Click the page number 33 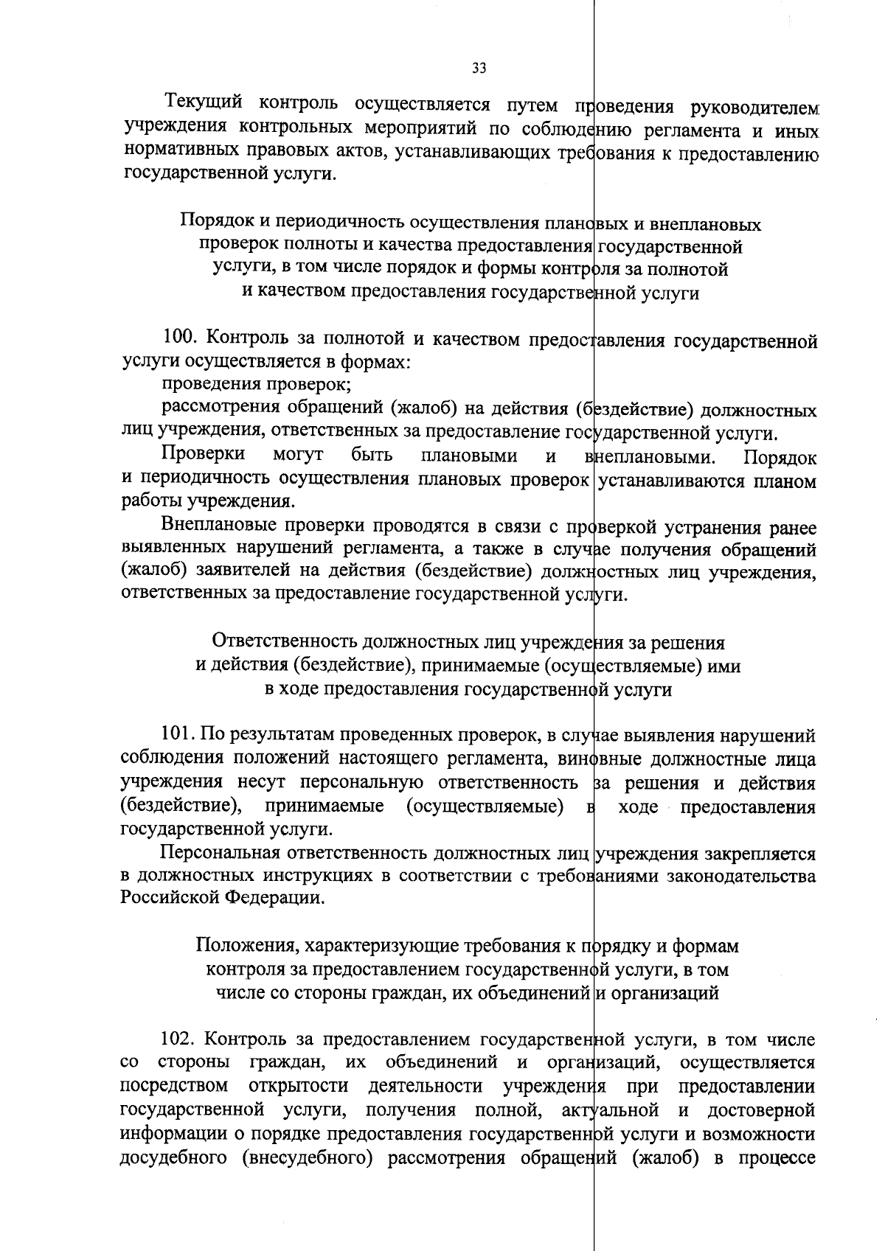(479, 69)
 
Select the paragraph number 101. (177, 735)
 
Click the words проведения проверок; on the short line (256, 384)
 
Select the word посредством (173, 1087)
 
